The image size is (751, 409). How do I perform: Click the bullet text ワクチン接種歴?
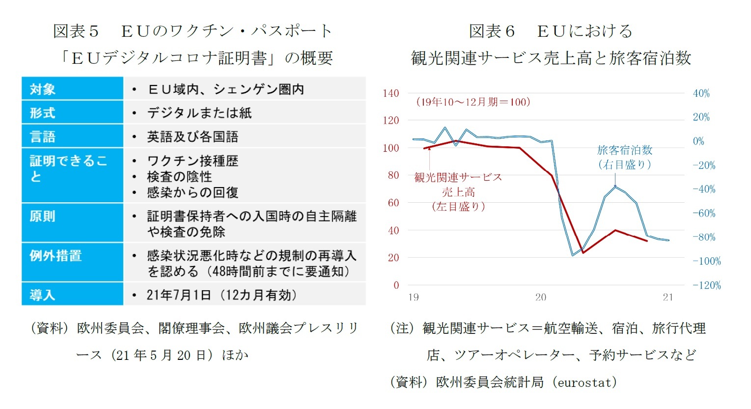tap(193, 161)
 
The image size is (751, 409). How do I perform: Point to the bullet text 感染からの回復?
tap(193, 192)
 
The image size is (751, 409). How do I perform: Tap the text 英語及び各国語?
tap(193, 136)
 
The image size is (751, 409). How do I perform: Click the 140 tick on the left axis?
tap(391, 93)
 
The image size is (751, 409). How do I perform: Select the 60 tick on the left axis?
tap(393, 202)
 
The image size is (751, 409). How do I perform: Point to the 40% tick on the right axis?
tap(701, 93)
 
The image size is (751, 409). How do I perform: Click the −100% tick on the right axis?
tap(707, 261)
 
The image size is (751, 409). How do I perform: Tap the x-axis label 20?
tap(540, 297)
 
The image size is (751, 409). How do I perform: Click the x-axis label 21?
tap(668, 297)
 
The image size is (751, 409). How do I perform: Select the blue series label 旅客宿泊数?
tap(625, 150)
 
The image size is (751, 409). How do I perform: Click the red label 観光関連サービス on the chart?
tap(458, 177)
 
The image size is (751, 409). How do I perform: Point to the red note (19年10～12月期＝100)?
tap(473, 102)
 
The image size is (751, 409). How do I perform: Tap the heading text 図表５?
tap(76, 31)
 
